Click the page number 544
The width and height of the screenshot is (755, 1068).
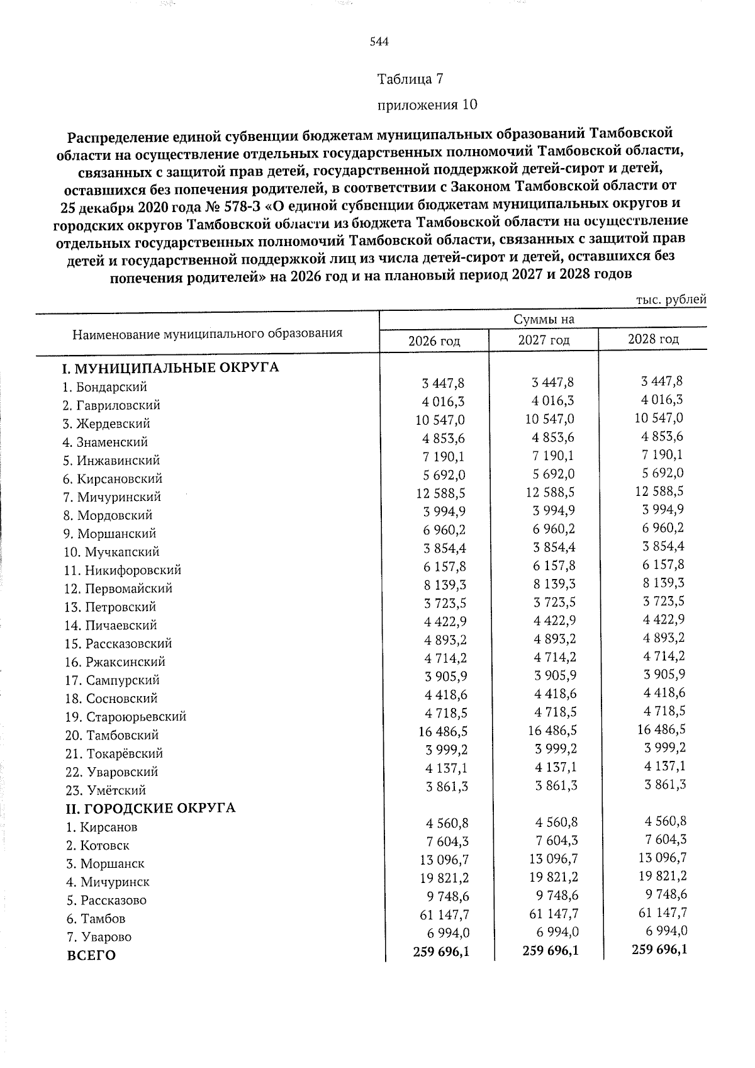pyautogui.click(x=379, y=42)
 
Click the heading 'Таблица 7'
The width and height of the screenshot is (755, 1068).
pyautogui.click(x=410, y=79)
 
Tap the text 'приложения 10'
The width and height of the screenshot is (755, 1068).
pyautogui.click(x=427, y=104)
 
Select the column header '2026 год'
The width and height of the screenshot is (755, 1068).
pyautogui.click(x=434, y=341)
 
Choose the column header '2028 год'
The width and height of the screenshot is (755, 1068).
pyautogui.click(x=653, y=339)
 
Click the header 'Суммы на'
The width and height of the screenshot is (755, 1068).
pyautogui.click(x=544, y=320)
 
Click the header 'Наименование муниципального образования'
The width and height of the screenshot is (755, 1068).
pyautogui.click(x=208, y=333)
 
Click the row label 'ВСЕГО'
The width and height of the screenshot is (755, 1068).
pyautogui.click(x=91, y=955)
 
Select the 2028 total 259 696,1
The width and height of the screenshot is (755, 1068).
pyautogui.click(x=659, y=949)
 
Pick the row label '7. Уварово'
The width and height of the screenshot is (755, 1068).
pyautogui.click(x=99, y=937)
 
